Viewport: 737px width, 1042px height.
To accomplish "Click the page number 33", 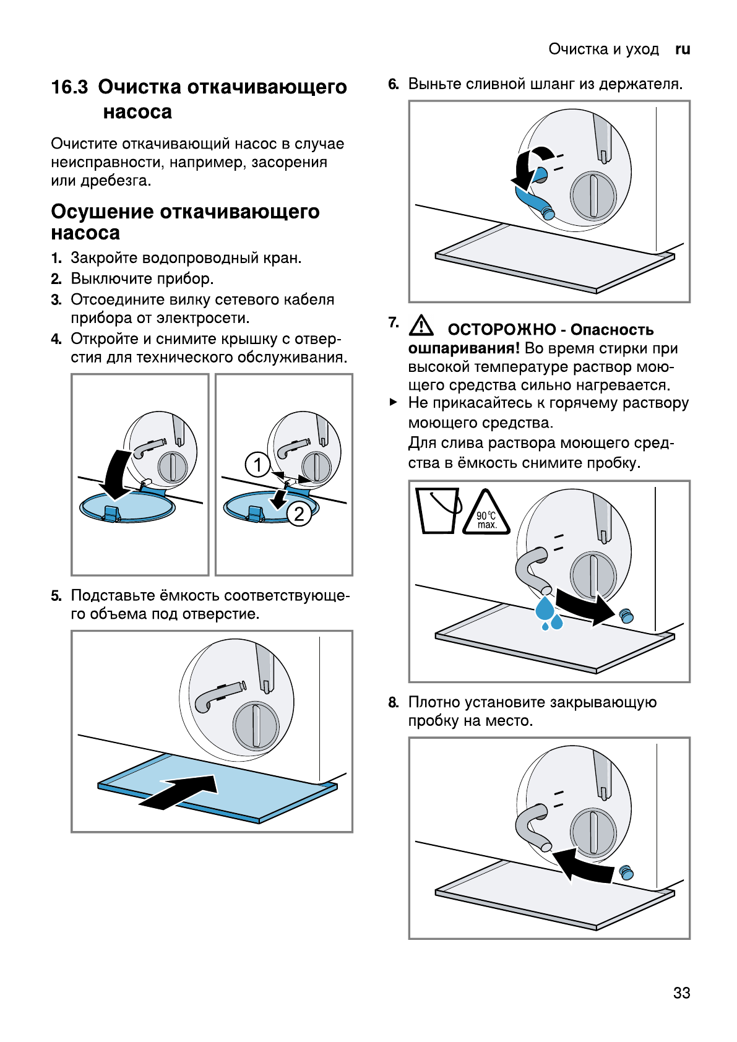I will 681,992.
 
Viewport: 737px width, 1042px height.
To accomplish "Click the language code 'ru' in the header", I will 683,50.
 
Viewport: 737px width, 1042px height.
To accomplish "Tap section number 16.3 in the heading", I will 69,87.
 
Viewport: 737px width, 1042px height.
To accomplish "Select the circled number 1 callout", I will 257,464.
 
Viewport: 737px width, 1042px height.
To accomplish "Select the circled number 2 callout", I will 299,514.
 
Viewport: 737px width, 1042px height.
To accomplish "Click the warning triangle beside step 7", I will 421,324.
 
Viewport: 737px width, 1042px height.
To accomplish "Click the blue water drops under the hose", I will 549,613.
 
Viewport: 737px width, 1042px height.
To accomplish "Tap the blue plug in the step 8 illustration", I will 626,871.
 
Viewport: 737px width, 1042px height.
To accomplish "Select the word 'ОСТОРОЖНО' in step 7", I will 501,330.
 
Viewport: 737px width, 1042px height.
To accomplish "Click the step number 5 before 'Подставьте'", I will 56,596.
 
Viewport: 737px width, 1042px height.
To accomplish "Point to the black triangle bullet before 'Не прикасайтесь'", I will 394,402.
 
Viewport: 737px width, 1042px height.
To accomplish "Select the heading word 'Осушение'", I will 102,212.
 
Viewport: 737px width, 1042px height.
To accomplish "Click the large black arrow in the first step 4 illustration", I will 116,474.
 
